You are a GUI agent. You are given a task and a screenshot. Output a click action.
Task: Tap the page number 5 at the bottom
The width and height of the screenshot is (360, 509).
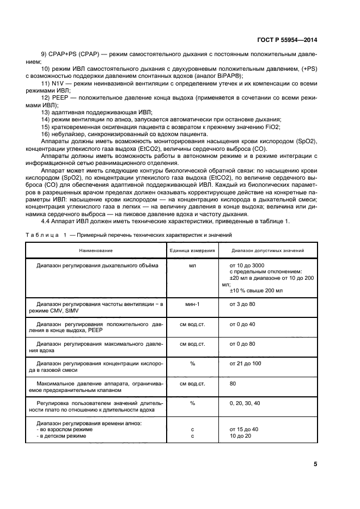pyautogui.click(x=315, y=464)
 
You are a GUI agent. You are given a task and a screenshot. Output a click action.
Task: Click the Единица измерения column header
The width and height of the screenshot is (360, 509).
pyautogui.click(x=192, y=250)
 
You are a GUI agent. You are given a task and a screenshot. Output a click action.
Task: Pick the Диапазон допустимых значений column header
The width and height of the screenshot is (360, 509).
pyautogui.click(x=267, y=250)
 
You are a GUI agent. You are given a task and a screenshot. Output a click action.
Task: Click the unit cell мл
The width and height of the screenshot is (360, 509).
pyautogui.click(x=192, y=265)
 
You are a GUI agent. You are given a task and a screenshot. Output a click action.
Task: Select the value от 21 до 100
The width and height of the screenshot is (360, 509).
pyautogui.click(x=246, y=363)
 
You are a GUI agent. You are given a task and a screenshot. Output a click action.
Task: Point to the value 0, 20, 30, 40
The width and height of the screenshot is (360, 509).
pyautogui.click(x=245, y=403)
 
